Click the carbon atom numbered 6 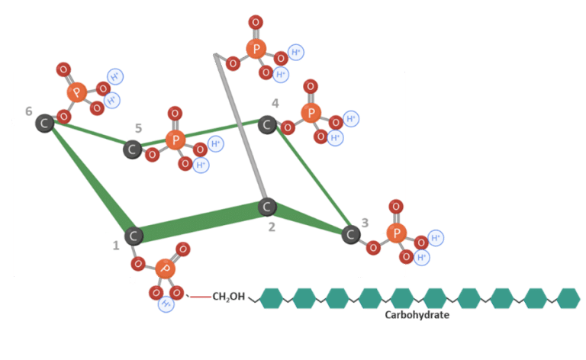[x=44, y=124]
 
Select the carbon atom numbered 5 [x=132, y=149]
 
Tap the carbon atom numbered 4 [x=267, y=125]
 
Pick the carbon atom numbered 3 [x=350, y=234]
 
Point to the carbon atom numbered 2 [x=267, y=207]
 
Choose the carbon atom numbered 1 [x=134, y=236]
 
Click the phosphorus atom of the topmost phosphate [x=256, y=49]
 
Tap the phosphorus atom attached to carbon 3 [x=397, y=233]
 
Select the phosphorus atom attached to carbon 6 [x=77, y=92]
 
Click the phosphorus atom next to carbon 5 [x=175, y=140]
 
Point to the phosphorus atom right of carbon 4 [x=311, y=113]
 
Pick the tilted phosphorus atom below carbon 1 [x=165, y=268]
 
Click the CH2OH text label [x=229, y=297]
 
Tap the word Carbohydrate [x=417, y=315]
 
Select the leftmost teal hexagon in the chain [x=272, y=298]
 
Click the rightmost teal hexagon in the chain [x=568, y=298]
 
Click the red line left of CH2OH [x=201, y=297]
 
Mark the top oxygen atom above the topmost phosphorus [x=256, y=22]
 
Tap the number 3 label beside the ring [x=365, y=223]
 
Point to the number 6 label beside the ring [x=29, y=111]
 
